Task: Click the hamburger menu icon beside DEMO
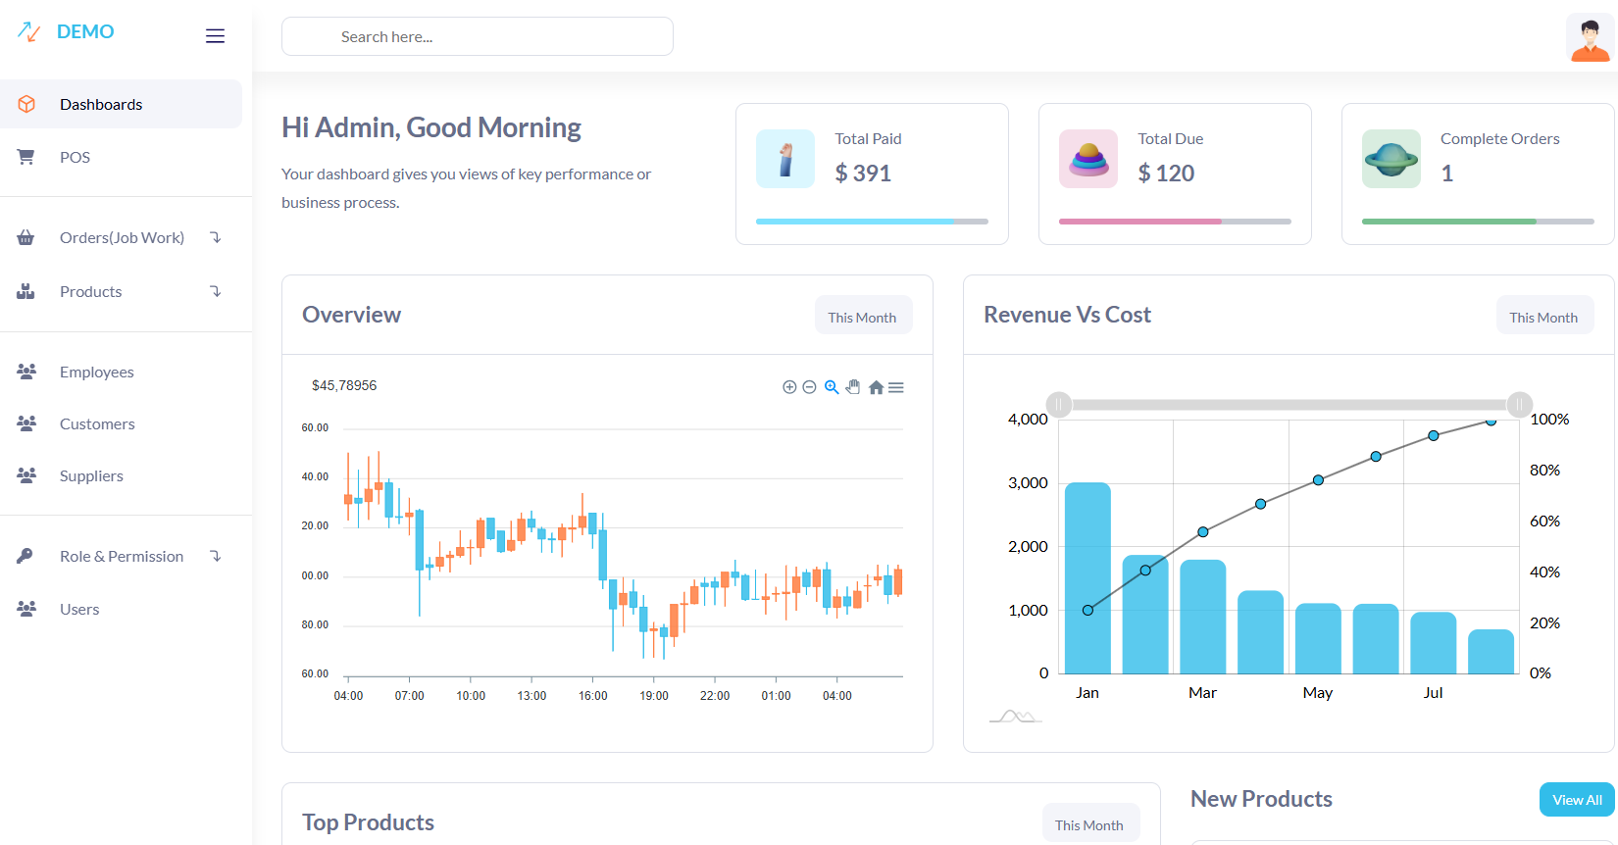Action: (215, 36)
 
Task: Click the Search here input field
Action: (477, 36)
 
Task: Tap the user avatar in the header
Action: (1590, 38)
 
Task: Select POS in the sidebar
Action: (75, 157)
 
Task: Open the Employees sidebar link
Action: (96, 372)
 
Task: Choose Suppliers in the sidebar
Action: (91, 475)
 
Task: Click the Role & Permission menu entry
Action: (122, 556)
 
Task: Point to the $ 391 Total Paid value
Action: (863, 174)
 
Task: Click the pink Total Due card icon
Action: (1087, 159)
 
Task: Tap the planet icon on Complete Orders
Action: (1390, 159)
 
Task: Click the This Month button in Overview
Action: (862, 317)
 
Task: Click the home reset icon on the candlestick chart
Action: (876, 387)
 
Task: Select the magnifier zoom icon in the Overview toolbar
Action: (832, 387)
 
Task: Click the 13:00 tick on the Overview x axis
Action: (531, 695)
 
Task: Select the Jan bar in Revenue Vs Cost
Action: (1087, 578)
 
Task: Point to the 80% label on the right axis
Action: (1544, 471)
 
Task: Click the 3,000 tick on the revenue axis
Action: (1028, 482)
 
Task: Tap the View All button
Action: (1577, 800)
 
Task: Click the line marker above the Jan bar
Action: (1087, 610)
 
